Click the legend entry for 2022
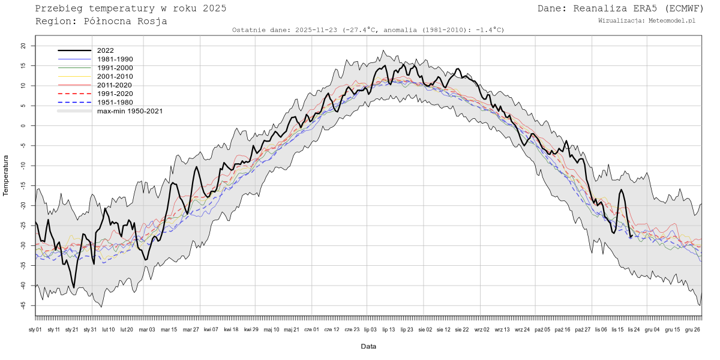pos(105,50)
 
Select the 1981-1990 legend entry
pos(115,59)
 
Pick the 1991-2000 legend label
pos(115,68)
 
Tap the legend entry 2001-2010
pos(115,77)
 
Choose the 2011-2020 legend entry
pos(115,85)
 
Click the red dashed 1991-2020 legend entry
pos(115,94)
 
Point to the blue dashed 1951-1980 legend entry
pos(115,103)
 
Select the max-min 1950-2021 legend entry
pos(130,111)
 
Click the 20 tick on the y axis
pos(23,46)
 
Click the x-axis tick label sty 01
pos(35,329)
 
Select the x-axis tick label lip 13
pos(388,329)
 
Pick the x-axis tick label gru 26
pos(692,329)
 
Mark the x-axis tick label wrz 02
pos(482,329)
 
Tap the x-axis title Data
pos(368,347)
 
